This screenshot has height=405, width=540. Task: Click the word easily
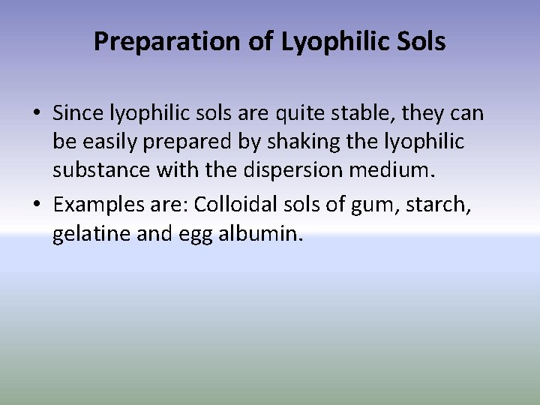click(x=105, y=141)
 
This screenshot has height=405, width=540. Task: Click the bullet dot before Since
click(x=37, y=114)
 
